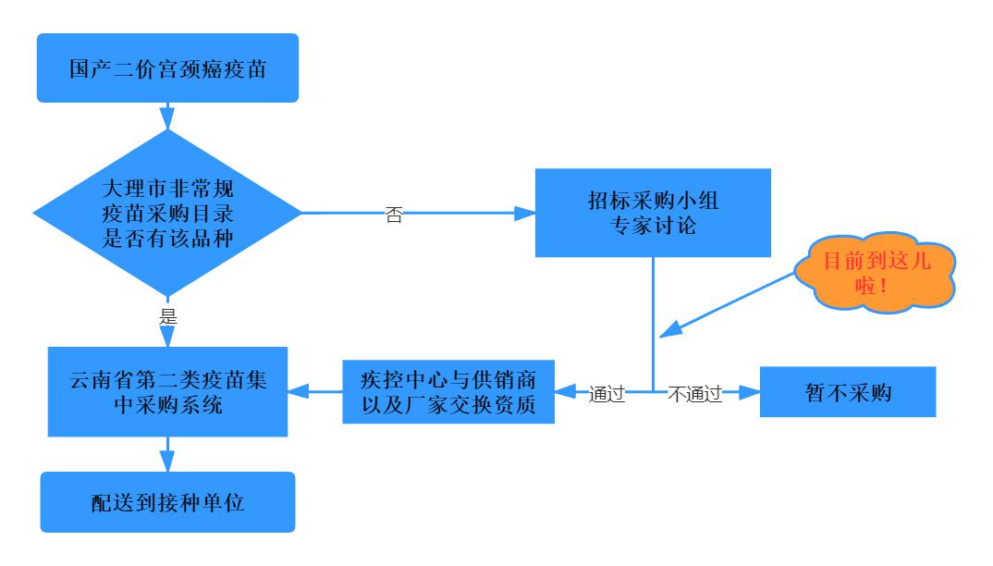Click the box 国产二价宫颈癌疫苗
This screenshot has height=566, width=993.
167,68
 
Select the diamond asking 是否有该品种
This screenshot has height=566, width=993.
167,214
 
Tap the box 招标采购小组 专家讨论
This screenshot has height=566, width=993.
654,213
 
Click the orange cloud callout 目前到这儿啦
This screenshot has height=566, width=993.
875,274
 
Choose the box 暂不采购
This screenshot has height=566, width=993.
848,393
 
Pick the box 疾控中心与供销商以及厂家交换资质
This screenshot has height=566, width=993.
448,393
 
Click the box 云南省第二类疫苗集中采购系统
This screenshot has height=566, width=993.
167,393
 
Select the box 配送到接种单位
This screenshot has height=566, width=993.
167,503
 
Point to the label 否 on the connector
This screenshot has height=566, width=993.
393,215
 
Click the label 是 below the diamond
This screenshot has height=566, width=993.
168,315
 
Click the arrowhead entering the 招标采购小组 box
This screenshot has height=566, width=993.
526,214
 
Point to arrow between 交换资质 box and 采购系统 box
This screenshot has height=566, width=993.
314,393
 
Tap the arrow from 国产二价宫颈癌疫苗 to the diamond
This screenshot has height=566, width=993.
167,116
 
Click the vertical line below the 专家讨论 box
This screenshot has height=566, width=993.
654,314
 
